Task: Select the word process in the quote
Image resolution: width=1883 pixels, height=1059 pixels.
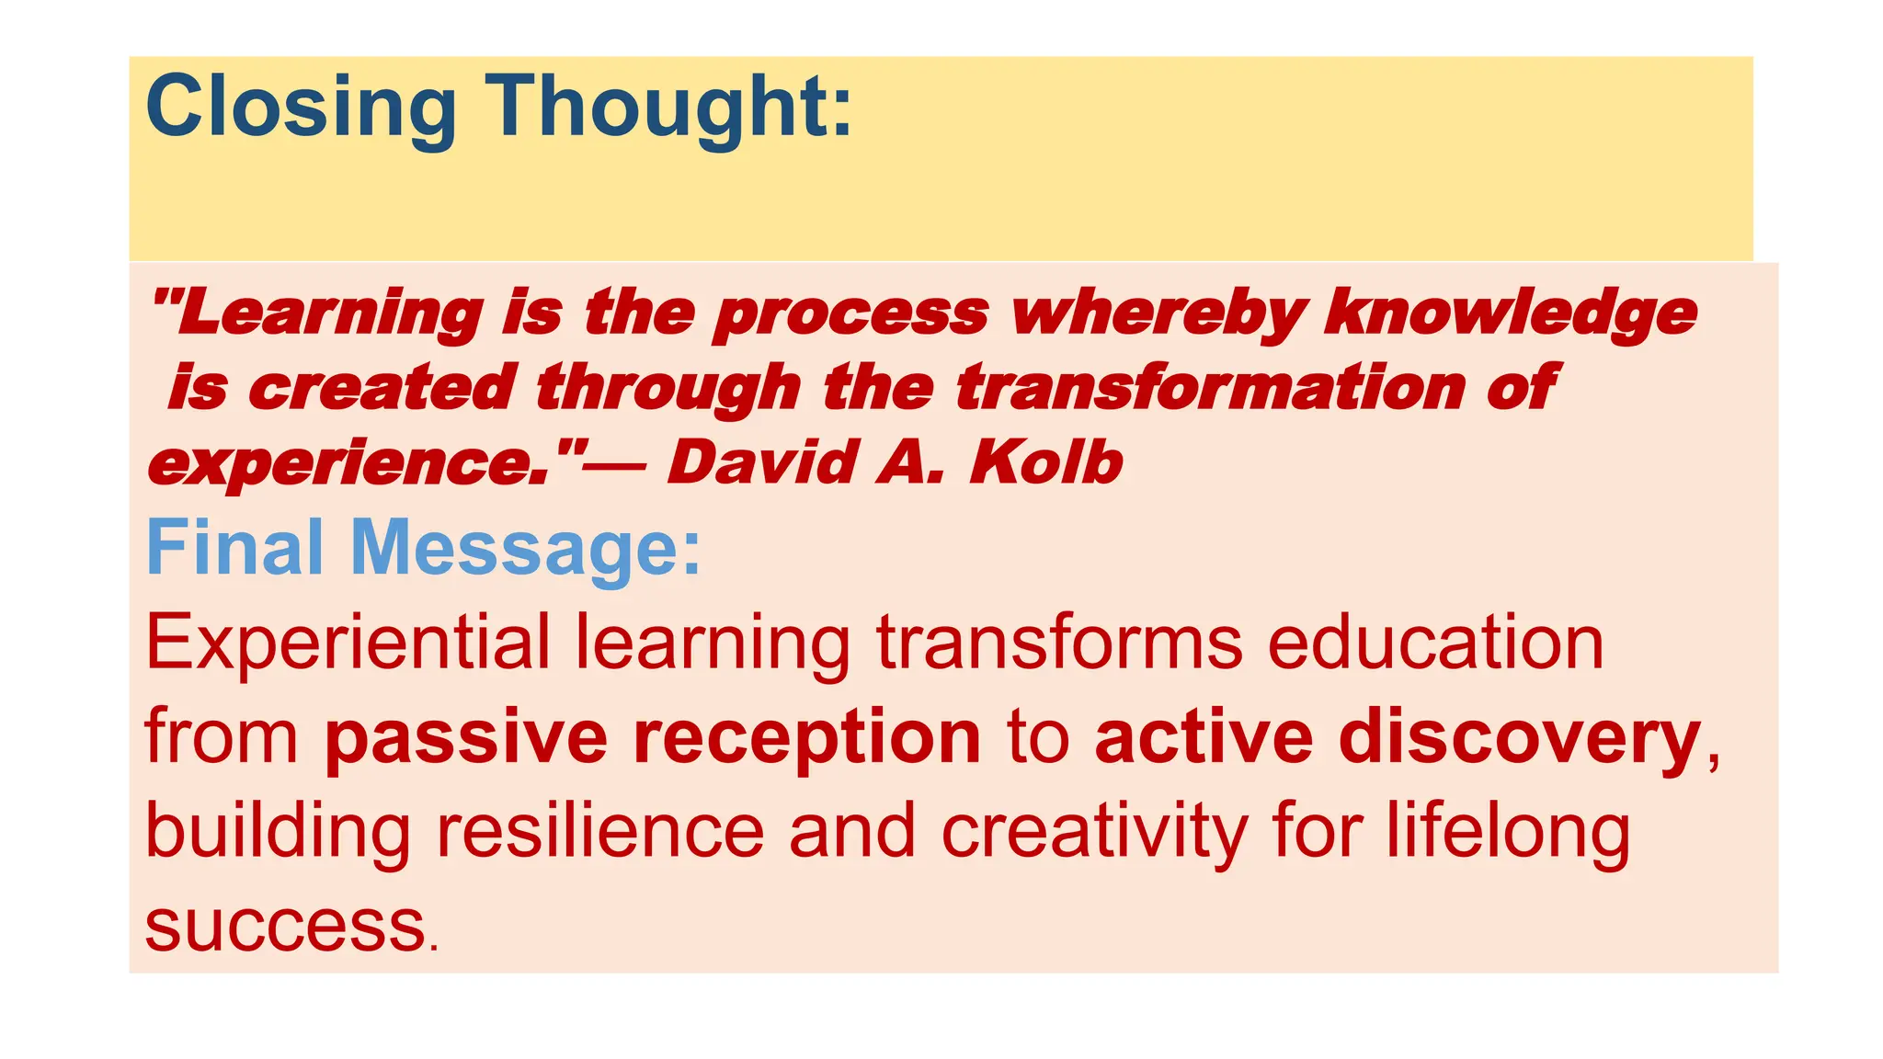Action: point(850,313)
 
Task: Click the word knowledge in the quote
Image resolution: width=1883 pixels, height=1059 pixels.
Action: point(1510,313)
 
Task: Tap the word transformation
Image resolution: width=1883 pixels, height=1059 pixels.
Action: point(1209,387)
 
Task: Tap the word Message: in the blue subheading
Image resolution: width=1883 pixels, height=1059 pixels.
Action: point(525,548)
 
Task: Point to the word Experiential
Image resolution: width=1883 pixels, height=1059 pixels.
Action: point(347,643)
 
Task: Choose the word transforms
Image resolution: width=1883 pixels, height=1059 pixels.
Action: point(1059,643)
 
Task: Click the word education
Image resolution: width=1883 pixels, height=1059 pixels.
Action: point(1435,643)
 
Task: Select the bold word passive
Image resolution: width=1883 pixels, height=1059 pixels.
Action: point(466,738)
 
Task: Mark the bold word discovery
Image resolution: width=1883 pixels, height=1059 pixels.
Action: point(1519,738)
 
